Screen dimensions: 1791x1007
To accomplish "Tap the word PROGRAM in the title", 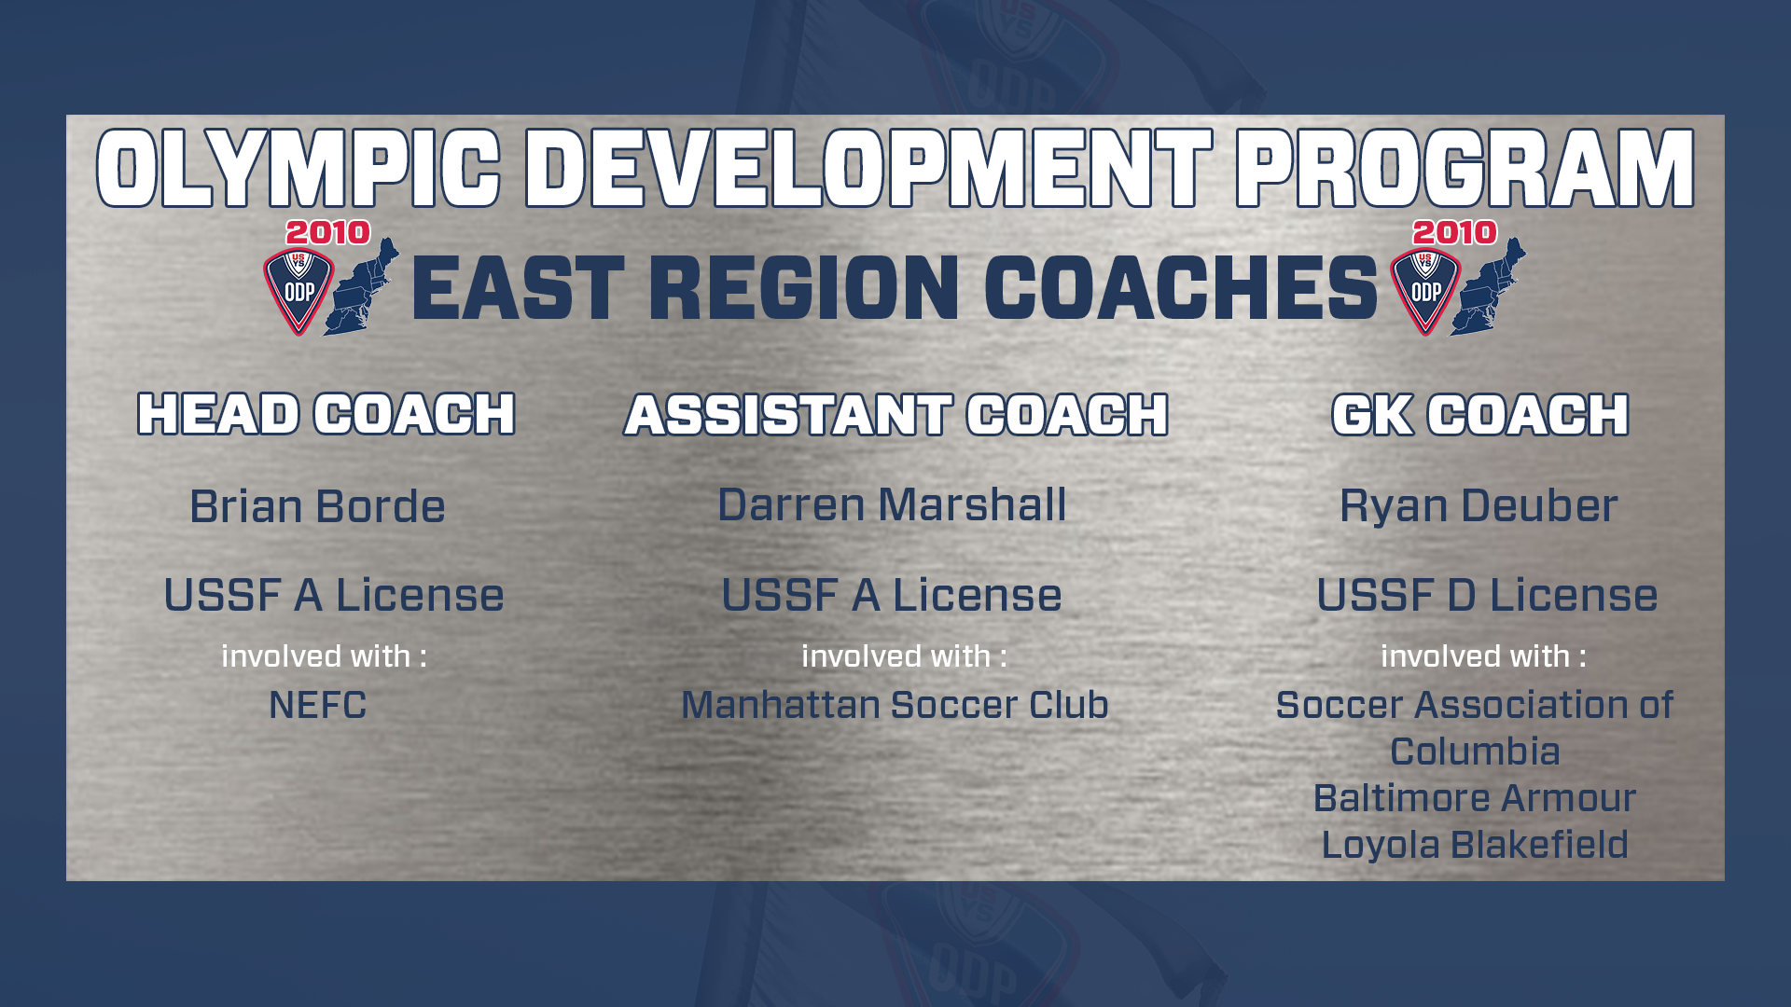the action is tap(1465, 169).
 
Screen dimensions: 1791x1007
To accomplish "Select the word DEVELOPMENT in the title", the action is tap(868, 169).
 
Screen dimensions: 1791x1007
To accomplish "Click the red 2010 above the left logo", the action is tap(327, 232).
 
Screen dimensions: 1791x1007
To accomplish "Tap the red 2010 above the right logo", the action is tap(1454, 232).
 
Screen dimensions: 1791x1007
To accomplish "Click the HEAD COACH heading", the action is tap(326, 414).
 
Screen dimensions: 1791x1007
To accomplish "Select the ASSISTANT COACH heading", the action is tap(895, 414).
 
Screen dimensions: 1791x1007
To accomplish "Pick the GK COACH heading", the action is tap(1480, 414).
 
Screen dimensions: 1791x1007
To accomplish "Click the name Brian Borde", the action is tap(317, 506).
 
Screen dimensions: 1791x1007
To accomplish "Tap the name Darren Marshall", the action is tap(892, 504).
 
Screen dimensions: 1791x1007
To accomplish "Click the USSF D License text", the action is tap(1487, 595).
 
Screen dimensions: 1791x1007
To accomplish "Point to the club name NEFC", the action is tap(317, 705).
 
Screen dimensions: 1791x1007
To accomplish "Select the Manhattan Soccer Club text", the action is tap(895, 705).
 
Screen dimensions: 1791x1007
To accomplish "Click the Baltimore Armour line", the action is tap(1475, 798).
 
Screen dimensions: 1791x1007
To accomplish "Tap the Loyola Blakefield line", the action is tap(1475, 845).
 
